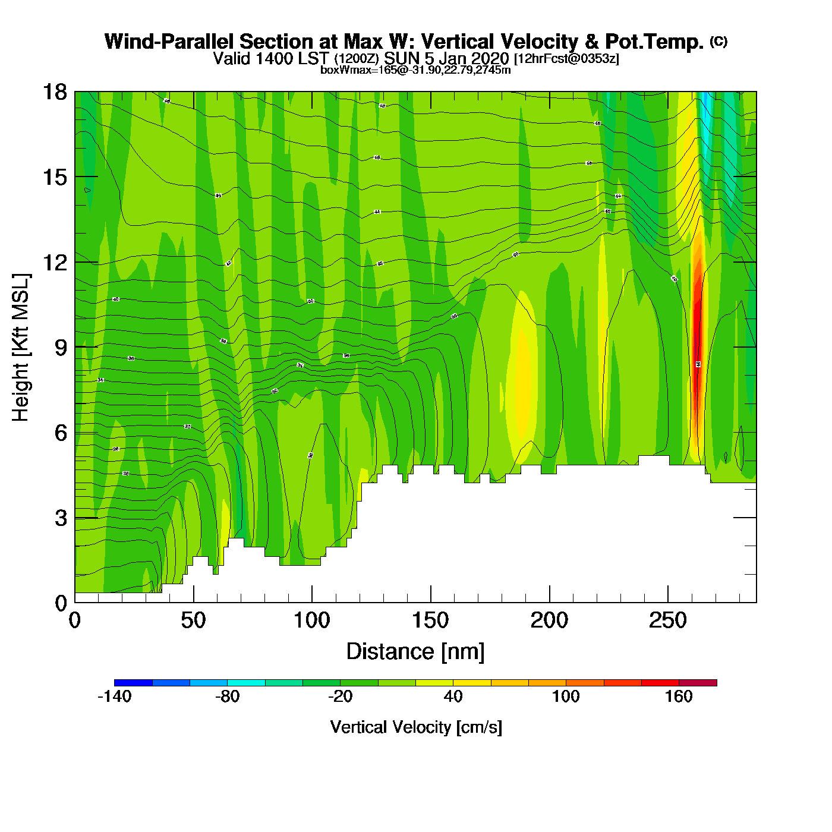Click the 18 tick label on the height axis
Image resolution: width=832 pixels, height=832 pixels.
pyautogui.click(x=54, y=92)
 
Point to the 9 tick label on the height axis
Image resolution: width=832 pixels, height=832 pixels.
pyautogui.click(x=61, y=348)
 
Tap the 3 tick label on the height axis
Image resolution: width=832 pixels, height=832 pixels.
pyautogui.click(x=61, y=518)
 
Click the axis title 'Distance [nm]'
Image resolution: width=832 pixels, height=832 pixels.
pyautogui.click(x=415, y=652)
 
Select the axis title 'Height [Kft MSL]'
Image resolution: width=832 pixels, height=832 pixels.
pyautogui.click(x=21, y=348)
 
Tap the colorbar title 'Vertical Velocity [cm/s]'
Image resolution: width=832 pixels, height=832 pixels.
pyautogui.click(x=416, y=727)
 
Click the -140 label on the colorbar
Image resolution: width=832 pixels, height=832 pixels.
pyautogui.click(x=114, y=697)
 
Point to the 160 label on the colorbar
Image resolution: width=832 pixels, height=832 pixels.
pyautogui.click(x=679, y=697)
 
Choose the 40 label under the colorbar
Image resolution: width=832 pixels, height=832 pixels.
pyautogui.click(x=453, y=697)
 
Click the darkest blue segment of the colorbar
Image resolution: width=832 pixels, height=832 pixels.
pyautogui.click(x=133, y=683)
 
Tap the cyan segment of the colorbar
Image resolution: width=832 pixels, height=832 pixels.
pyautogui.click(x=246, y=683)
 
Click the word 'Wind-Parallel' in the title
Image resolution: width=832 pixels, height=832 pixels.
pyautogui.click(x=169, y=42)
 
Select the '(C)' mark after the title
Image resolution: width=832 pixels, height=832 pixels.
pyautogui.click(x=718, y=41)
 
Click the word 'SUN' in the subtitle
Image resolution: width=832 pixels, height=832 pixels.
pyautogui.click(x=402, y=58)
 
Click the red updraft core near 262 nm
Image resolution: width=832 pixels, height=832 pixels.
pyautogui.click(x=697, y=357)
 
